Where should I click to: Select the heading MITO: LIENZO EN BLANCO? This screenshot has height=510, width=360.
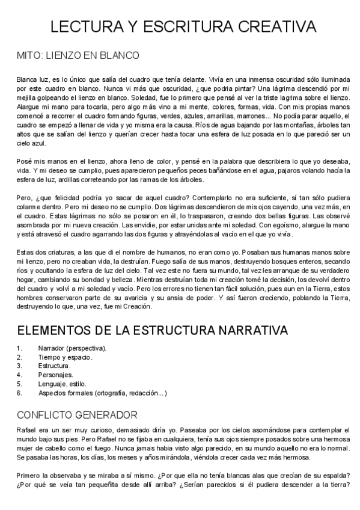pos(78,55)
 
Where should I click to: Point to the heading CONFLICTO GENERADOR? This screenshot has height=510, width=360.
pos(77,414)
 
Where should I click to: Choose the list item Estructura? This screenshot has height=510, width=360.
pos(54,366)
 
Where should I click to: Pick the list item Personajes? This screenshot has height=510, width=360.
pos(56,375)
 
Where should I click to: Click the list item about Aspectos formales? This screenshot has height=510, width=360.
pos(103,393)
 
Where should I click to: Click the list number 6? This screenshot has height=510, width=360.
pos(20,393)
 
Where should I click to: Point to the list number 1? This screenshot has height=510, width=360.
pos(20,348)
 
